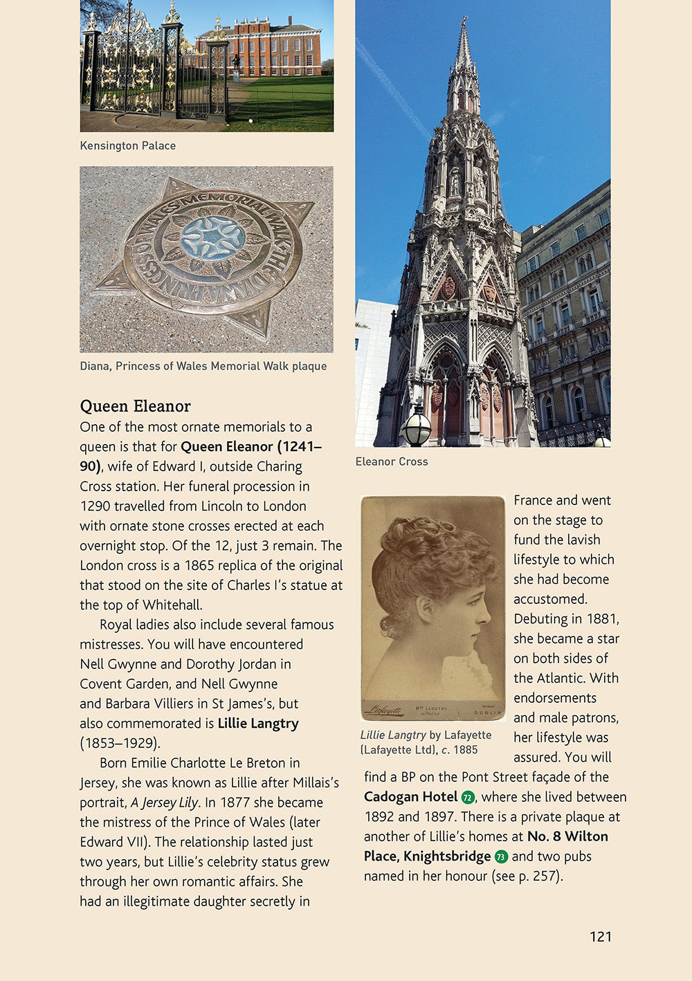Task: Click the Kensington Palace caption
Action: click(128, 145)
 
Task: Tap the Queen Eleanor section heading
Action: click(135, 406)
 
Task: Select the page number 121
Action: click(600, 937)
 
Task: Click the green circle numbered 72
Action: click(468, 797)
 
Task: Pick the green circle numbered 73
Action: click(501, 856)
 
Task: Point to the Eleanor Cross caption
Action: click(392, 461)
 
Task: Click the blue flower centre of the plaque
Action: click(212, 237)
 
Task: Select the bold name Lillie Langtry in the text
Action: click(258, 724)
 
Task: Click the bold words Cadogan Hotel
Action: click(410, 796)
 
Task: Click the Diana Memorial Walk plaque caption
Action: click(203, 366)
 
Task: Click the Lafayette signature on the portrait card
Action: click(385, 709)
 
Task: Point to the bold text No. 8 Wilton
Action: click(567, 836)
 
